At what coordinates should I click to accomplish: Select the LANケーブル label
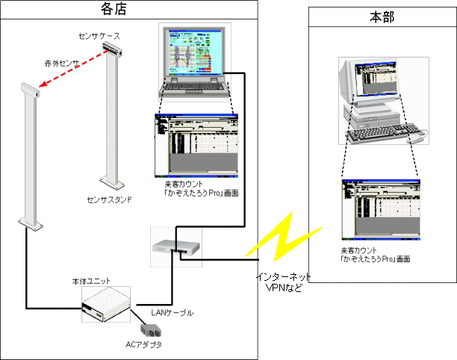[x=172, y=313]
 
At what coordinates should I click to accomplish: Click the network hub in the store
[x=176, y=246]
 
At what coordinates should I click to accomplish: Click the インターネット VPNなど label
[x=283, y=282]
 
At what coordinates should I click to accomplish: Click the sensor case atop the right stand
[x=112, y=49]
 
